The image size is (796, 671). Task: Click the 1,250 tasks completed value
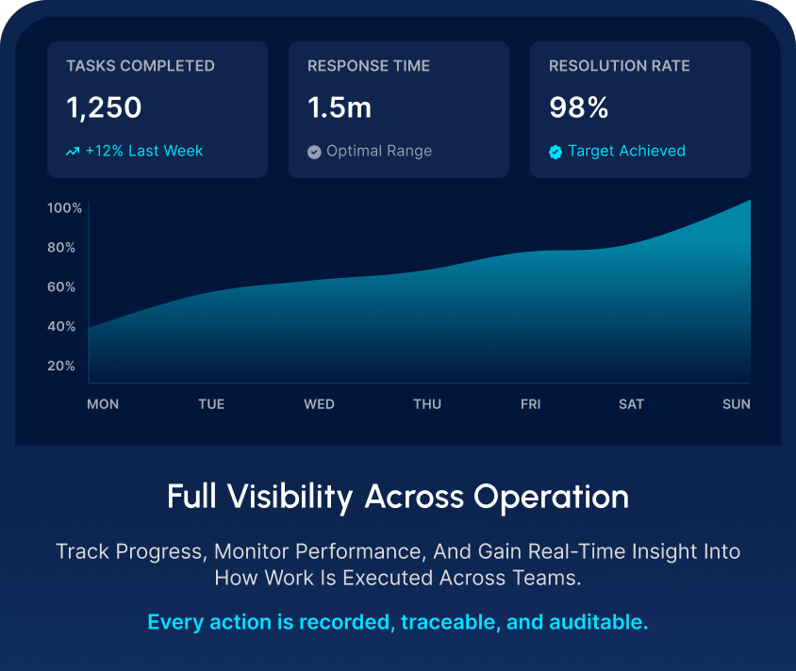(x=104, y=108)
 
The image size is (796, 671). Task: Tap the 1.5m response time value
(x=340, y=108)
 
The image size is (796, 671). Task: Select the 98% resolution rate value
(x=579, y=108)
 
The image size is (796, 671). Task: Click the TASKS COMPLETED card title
(x=141, y=66)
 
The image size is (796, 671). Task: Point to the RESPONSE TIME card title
(x=369, y=66)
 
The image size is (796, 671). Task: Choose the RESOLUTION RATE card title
(x=620, y=66)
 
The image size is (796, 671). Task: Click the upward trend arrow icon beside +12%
(x=73, y=152)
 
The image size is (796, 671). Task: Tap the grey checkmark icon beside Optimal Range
(x=314, y=152)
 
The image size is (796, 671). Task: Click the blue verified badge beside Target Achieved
(x=556, y=152)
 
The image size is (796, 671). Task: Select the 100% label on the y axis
(x=65, y=208)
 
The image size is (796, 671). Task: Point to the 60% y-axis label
(x=61, y=287)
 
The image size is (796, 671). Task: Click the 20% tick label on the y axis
(x=61, y=366)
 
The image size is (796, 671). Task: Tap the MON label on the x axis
(x=103, y=404)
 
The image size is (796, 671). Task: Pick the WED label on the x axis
(x=319, y=404)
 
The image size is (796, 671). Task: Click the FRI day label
(x=531, y=404)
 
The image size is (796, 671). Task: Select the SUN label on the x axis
(x=737, y=404)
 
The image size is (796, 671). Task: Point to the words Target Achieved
(x=626, y=151)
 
